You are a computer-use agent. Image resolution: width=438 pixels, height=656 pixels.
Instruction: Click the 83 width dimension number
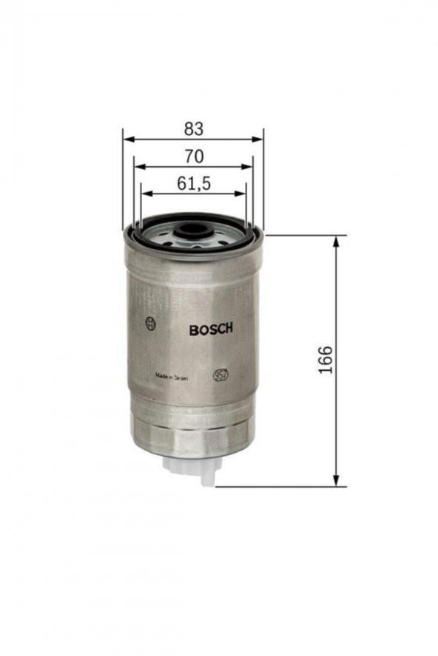[x=193, y=129]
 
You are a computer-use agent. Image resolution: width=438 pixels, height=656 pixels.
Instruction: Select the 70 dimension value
[x=193, y=156]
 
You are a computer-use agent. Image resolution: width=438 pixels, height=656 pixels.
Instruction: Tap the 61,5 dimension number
[x=194, y=184]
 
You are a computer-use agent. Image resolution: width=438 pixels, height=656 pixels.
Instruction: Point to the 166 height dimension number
[x=326, y=360]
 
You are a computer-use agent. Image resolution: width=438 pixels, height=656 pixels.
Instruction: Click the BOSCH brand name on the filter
[x=211, y=329]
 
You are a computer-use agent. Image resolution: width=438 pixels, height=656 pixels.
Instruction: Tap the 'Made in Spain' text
[x=172, y=376]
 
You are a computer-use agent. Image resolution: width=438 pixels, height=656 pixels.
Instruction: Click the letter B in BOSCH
[x=193, y=329]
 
